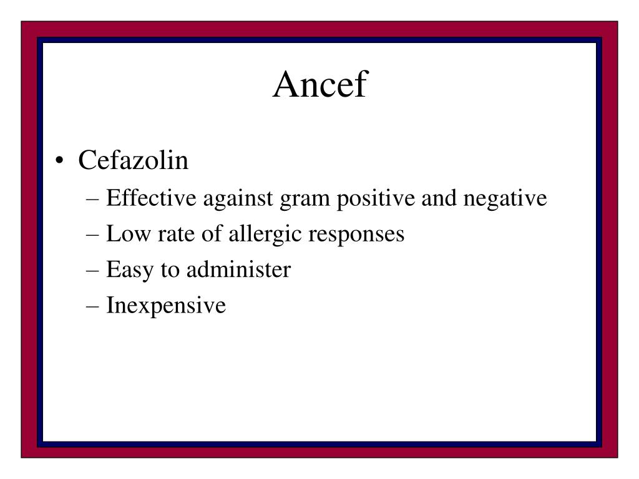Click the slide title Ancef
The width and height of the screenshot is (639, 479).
click(x=319, y=84)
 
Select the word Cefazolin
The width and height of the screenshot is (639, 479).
click(x=133, y=161)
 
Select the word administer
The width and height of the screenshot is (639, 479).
click(x=238, y=270)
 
